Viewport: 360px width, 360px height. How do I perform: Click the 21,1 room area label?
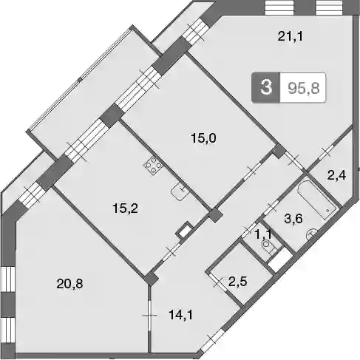(x=291, y=37)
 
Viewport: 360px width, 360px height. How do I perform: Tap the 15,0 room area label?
(x=203, y=138)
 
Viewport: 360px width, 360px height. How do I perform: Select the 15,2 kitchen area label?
(x=125, y=208)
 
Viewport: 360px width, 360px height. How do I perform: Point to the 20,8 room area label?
(x=69, y=284)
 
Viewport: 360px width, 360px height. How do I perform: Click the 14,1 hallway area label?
(x=180, y=315)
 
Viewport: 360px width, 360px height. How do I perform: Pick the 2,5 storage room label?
(x=238, y=282)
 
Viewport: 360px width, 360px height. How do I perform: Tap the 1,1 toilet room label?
(x=263, y=234)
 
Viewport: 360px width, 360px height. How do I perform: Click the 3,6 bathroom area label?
(x=293, y=219)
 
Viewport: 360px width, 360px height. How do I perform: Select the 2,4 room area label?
(x=336, y=176)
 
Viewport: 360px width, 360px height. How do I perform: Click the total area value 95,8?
(x=304, y=88)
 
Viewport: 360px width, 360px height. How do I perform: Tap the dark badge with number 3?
(x=266, y=87)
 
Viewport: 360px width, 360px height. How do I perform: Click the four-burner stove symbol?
(x=153, y=166)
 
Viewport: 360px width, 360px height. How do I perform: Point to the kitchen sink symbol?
(x=180, y=191)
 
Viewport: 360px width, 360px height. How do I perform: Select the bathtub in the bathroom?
(x=316, y=200)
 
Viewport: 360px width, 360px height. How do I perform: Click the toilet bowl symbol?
(x=270, y=247)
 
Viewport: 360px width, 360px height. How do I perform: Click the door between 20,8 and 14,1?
(x=149, y=315)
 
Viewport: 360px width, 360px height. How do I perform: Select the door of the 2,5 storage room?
(x=217, y=282)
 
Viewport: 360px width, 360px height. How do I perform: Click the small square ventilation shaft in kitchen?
(x=184, y=231)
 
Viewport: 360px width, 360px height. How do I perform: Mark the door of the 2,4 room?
(x=326, y=152)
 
